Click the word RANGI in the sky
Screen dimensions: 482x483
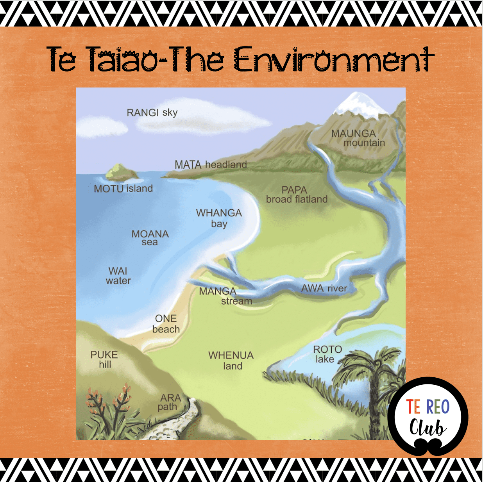[x=143, y=112]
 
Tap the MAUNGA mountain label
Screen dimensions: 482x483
[x=358, y=138]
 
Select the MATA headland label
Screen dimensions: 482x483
[x=211, y=165]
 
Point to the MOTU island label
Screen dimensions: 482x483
[x=123, y=189]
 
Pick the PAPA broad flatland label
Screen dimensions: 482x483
[x=297, y=195]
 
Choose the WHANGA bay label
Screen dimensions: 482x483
[x=219, y=218]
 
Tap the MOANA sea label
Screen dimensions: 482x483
[x=150, y=238]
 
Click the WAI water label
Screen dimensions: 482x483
[x=118, y=276]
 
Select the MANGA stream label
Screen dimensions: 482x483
[x=225, y=296]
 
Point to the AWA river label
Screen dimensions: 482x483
[x=324, y=288]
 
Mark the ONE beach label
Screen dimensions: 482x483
[x=166, y=324]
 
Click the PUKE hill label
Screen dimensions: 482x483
[x=104, y=359]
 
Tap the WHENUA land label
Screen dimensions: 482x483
[x=231, y=361]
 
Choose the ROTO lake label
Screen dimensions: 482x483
[x=327, y=354]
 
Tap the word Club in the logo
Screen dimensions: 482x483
[x=428, y=427]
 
